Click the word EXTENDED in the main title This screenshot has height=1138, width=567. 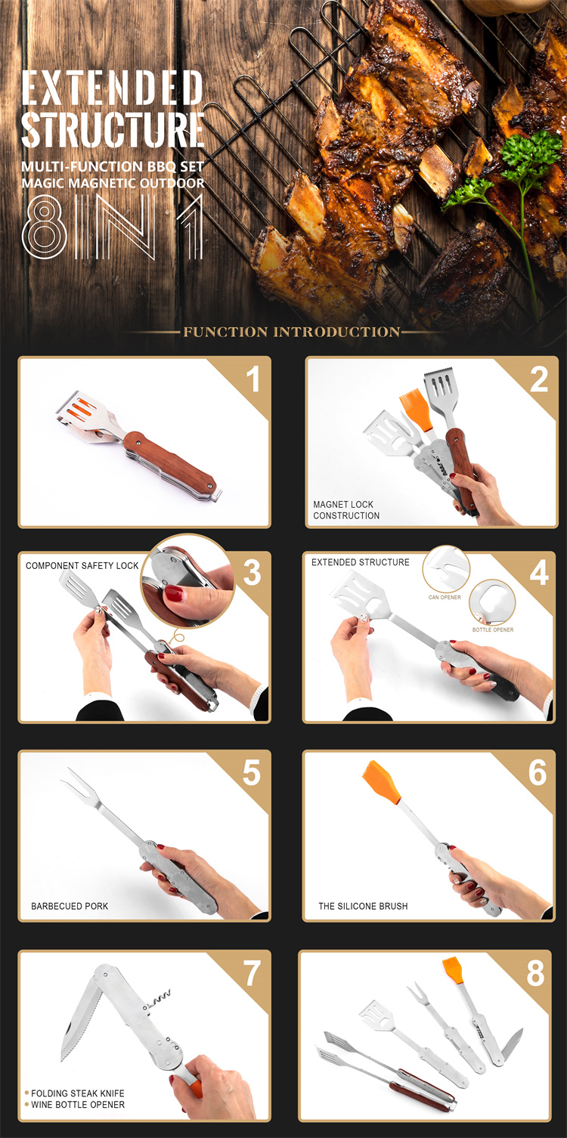(113, 88)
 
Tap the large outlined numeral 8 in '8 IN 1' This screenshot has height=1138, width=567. (44, 227)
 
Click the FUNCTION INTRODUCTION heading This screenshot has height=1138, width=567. (292, 332)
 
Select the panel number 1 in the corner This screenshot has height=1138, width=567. (253, 379)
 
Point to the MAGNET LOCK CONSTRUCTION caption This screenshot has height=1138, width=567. (346, 510)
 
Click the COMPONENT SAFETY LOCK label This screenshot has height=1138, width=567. (82, 565)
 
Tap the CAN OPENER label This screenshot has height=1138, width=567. (445, 598)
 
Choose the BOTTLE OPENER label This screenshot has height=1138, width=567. (493, 630)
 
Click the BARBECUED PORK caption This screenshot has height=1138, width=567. (70, 906)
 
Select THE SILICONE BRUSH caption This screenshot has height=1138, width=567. (363, 906)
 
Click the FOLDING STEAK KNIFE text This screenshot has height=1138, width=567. (78, 1093)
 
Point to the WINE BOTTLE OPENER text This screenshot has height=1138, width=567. (78, 1105)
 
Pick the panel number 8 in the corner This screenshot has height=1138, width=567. (535, 973)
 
